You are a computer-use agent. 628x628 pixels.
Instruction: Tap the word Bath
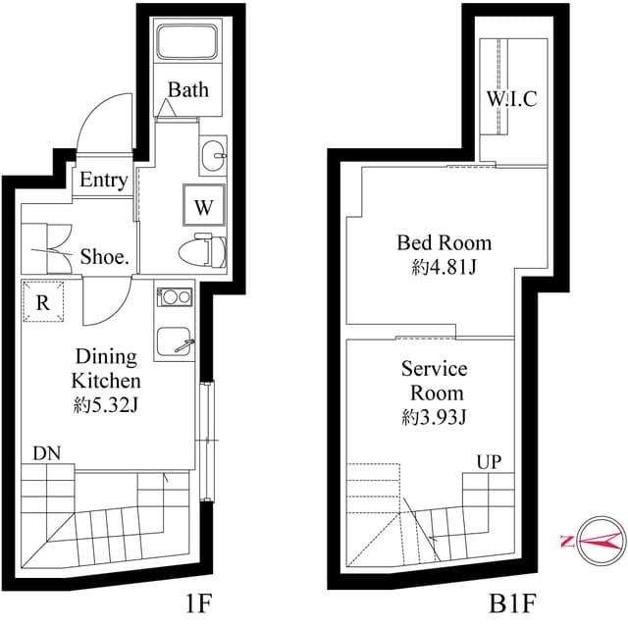click(187, 90)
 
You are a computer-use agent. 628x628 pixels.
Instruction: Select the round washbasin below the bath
click(213, 154)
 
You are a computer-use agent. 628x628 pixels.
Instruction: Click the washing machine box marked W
click(204, 206)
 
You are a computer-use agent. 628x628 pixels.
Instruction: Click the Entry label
click(103, 181)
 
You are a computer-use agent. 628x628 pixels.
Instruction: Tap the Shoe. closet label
click(106, 257)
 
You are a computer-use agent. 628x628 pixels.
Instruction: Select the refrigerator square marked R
click(43, 301)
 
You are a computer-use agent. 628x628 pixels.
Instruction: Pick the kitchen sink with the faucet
click(177, 340)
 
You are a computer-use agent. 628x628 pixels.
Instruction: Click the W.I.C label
click(511, 99)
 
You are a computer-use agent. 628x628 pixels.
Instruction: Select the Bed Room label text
click(444, 242)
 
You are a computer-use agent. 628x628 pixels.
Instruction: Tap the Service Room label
click(434, 381)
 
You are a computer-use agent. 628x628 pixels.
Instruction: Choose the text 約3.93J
click(434, 417)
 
